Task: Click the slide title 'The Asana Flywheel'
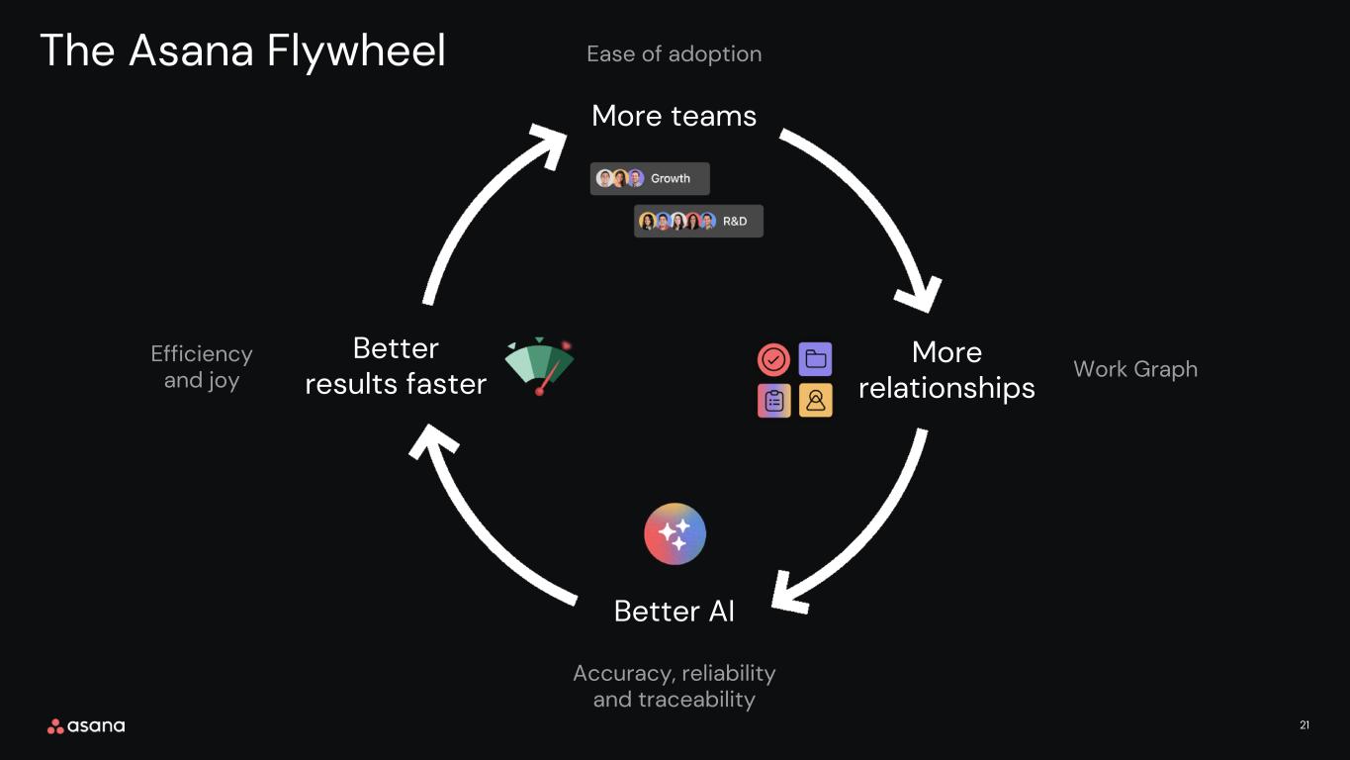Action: pyautogui.click(x=243, y=50)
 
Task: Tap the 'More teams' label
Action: pyautogui.click(x=674, y=116)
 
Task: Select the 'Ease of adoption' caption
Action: pyautogui.click(x=674, y=54)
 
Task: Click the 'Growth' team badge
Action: pyautogui.click(x=650, y=178)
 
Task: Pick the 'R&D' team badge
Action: pyautogui.click(x=698, y=221)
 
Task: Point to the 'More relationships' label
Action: pyautogui.click(x=946, y=370)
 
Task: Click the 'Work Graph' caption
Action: pyautogui.click(x=1135, y=369)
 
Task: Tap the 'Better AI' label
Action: pyautogui.click(x=674, y=611)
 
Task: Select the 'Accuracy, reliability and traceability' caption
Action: pyautogui.click(x=674, y=686)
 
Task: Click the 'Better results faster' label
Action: pyautogui.click(x=396, y=366)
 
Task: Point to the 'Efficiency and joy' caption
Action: pyautogui.click(x=202, y=367)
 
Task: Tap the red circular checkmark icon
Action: pyautogui.click(x=773, y=359)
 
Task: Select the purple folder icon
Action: pyautogui.click(x=815, y=359)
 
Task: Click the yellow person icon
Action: pyautogui.click(x=815, y=400)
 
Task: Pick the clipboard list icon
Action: pyautogui.click(x=773, y=401)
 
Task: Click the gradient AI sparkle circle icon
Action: pyautogui.click(x=675, y=533)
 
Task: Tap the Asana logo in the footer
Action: pyautogui.click(x=86, y=726)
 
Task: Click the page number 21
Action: pyautogui.click(x=1305, y=725)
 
